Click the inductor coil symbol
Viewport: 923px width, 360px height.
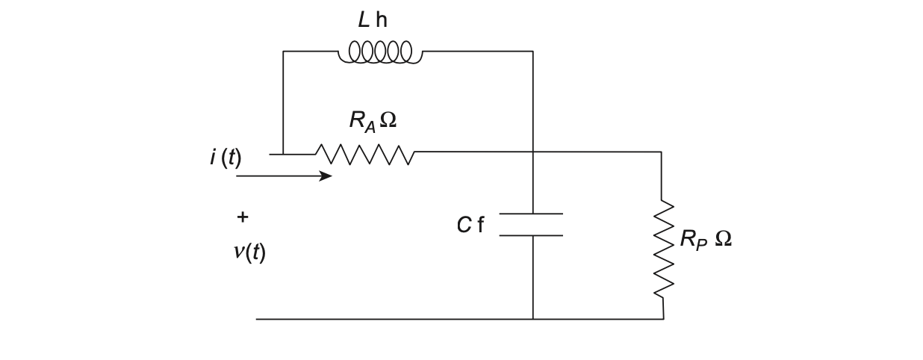pos(380,52)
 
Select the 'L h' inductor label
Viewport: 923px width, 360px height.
pos(373,20)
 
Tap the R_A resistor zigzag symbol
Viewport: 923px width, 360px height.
pos(364,154)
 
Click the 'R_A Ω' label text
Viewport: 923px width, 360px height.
pos(372,120)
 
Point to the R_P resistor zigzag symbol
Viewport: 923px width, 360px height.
pos(663,248)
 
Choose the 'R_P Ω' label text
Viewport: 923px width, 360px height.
pos(705,239)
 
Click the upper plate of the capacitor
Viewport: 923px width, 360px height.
pos(531,214)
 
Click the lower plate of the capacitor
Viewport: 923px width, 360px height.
pos(531,235)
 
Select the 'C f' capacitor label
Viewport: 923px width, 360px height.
pos(470,225)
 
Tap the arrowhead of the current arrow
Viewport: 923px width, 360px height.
pos(326,176)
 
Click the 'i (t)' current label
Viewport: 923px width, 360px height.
pos(226,158)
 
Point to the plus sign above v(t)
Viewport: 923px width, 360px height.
pos(242,217)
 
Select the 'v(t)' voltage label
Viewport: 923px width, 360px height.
pos(249,252)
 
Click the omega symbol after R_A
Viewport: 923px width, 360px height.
pos(388,120)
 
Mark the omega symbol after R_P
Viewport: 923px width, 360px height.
pos(723,238)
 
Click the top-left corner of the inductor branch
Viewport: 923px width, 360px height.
pos(283,52)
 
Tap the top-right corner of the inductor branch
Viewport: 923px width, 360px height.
pos(532,52)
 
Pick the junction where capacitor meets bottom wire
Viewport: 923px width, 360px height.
pos(532,319)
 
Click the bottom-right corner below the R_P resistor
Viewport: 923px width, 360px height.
pos(663,319)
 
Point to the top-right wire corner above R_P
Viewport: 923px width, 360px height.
pos(661,152)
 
